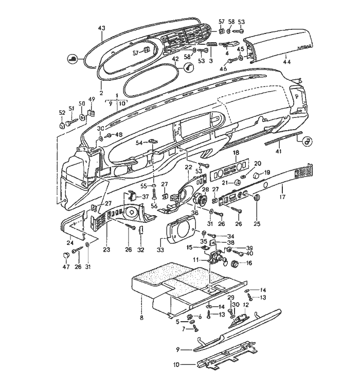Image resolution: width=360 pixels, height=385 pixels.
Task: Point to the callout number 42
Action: tap(175, 59)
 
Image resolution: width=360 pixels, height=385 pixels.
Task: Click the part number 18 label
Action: tap(236, 153)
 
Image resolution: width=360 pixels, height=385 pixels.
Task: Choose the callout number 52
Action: tap(62, 112)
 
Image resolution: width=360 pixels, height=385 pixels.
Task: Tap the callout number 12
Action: tap(245, 305)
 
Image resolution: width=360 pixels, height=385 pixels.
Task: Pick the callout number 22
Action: tap(188, 167)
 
